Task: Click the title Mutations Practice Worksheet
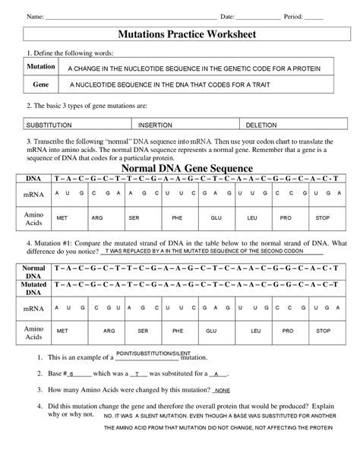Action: pos(180,35)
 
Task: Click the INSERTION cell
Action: pos(155,123)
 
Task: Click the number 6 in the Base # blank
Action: pos(71,374)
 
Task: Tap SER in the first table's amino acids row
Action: pos(134,217)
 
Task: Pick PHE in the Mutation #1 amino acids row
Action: pos(178,331)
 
